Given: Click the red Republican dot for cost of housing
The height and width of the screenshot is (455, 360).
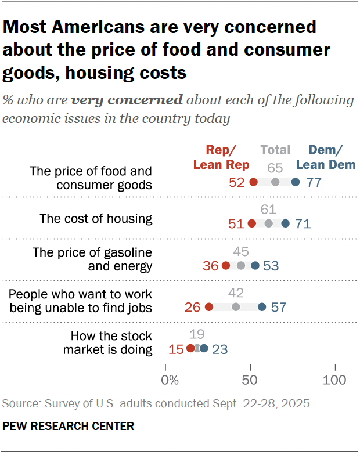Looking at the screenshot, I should coord(251,223).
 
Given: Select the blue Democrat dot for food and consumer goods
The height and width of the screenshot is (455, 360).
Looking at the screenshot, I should coord(296,182).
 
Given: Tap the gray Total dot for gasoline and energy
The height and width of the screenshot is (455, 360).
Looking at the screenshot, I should coord(241,266).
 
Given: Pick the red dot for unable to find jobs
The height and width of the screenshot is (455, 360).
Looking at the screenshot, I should coord(209,307).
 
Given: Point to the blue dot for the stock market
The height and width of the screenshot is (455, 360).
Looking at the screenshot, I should coord(204,348).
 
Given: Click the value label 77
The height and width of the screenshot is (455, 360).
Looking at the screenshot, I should coord(314,182).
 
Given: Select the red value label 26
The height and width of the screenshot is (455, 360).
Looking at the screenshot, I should coord(192,307).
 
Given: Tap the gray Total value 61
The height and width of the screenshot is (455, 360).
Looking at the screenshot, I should coord(268,210).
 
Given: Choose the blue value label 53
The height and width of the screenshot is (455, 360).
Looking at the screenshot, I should coord(271,266).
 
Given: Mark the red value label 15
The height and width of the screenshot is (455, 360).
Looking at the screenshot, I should coord(175,349).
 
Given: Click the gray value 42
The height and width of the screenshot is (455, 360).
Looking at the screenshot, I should coord(236,293).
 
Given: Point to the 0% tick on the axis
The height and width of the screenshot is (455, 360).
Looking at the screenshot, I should coord(170,381).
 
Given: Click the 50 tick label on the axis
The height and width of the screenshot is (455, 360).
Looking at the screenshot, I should coord(251,381).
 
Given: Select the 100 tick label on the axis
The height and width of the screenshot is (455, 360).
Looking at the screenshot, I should coord(334,381).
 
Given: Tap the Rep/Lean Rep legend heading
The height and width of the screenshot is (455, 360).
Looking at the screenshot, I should coord(221,157).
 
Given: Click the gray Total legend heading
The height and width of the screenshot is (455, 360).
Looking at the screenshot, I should coord(275,150).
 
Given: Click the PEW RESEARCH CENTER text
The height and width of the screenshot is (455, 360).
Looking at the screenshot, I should coord(69,427).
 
